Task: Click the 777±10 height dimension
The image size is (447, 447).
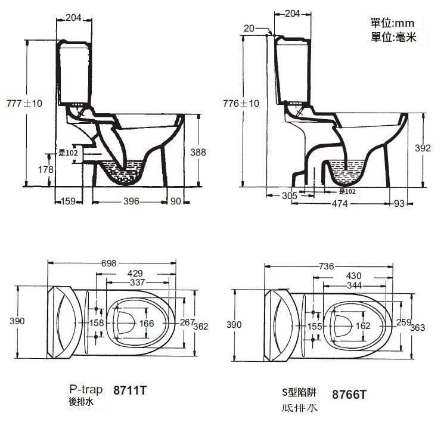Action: [x=24, y=103]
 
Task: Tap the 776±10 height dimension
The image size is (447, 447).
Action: [x=241, y=103]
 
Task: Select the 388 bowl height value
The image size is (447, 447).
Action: [x=198, y=153]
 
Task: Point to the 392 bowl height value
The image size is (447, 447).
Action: [x=422, y=148]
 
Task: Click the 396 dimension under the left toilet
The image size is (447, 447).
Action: [x=131, y=201]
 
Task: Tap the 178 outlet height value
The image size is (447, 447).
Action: [x=46, y=170]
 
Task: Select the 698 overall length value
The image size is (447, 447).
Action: [x=108, y=263]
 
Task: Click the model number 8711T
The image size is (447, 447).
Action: [x=129, y=391]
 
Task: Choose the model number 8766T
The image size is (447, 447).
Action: [x=349, y=394]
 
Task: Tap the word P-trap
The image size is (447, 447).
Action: [x=86, y=389]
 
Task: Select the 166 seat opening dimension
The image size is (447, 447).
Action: [x=147, y=323]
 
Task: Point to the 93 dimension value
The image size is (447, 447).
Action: [x=399, y=204]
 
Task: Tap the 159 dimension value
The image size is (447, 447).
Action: [x=68, y=201]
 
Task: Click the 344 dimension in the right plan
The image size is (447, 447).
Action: [x=354, y=285]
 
